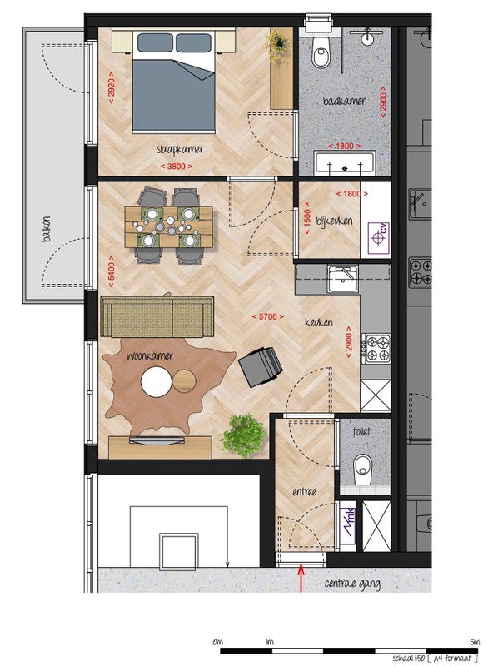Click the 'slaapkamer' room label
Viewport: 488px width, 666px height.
tap(180, 150)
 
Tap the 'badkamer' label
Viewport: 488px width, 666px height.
tap(344, 101)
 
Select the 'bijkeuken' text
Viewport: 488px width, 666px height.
tap(334, 221)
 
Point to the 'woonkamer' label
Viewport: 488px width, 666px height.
tap(150, 355)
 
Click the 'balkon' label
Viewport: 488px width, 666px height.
tap(47, 230)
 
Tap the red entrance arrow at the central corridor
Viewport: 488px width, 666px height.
tap(301, 578)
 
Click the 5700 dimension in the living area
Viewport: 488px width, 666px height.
tap(268, 317)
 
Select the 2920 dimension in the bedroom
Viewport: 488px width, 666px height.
tap(112, 88)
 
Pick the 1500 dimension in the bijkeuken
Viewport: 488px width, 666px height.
tap(307, 218)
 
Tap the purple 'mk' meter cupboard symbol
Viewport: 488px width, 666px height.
tap(348, 525)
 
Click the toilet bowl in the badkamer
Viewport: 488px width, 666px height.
tap(321, 52)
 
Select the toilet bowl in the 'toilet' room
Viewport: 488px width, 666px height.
tap(362, 470)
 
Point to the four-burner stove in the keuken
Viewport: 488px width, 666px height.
tap(376, 349)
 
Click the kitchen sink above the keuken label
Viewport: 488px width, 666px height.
tap(342, 278)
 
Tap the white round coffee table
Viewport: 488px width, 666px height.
tap(157, 382)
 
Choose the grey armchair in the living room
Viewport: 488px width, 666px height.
tap(261, 366)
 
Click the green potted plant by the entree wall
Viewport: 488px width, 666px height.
tap(243, 435)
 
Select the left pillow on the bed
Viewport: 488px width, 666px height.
tap(155, 43)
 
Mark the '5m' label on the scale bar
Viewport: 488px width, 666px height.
tap(475, 642)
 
